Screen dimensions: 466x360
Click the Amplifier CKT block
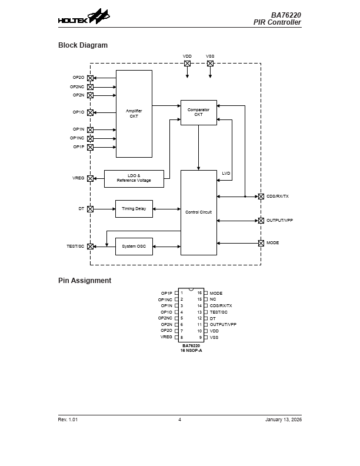[134, 114]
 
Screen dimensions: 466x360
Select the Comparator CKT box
[198, 112]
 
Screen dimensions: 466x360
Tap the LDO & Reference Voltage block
[134, 178]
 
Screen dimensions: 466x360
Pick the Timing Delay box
[134, 208]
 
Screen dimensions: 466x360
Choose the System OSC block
[134, 246]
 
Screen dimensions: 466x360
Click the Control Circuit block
[198, 212]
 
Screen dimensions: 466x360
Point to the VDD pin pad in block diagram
[187, 63]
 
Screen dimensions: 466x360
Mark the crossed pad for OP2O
[90, 78]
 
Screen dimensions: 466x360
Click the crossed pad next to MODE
[261, 243]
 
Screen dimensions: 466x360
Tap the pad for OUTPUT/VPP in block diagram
[261, 221]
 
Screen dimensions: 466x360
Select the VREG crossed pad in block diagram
[90, 178]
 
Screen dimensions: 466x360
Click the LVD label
[226, 173]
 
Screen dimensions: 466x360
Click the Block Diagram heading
[83, 45]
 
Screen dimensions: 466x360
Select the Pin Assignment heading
[85, 281]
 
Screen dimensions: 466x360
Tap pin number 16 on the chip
[199, 293]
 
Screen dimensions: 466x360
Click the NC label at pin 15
[213, 299]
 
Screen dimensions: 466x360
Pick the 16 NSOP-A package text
[191, 351]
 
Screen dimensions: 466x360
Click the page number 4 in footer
[179, 420]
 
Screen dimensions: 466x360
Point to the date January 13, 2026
[283, 420]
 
